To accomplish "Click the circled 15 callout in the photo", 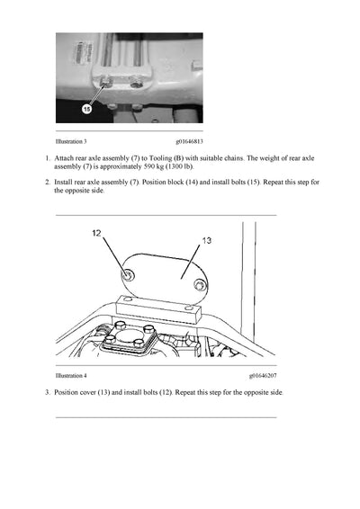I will pos(86,109).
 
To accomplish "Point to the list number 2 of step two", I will pos(47,182).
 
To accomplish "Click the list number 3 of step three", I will pos(47,393).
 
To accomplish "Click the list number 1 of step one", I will pos(47,157).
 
